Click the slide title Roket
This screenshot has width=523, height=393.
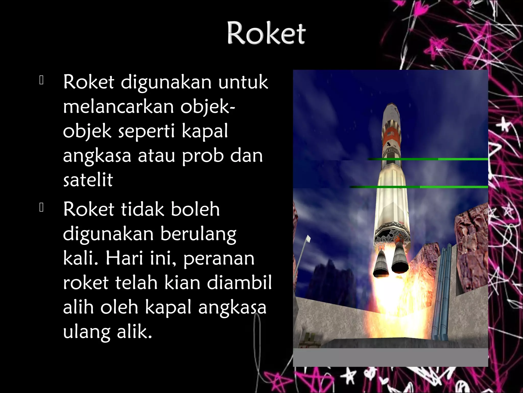(x=266, y=34)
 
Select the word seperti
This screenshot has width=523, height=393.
(x=146, y=131)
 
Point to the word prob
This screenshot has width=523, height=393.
(x=203, y=156)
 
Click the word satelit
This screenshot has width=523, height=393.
(x=88, y=180)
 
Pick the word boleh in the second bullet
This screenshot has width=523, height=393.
(x=195, y=209)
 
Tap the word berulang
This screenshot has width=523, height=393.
(x=198, y=234)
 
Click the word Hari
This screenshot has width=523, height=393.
(x=124, y=258)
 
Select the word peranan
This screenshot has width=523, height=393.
(x=219, y=258)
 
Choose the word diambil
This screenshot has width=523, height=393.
(x=239, y=282)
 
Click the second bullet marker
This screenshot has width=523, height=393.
(x=42, y=208)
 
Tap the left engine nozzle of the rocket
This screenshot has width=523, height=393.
(x=381, y=265)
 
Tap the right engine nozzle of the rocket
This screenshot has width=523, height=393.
(x=400, y=262)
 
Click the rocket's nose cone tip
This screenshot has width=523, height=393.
(x=391, y=104)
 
